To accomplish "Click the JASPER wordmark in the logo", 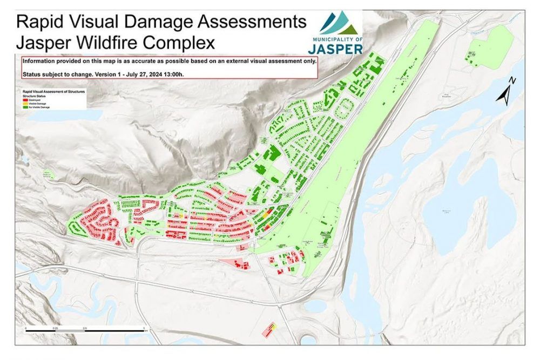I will point(335,49).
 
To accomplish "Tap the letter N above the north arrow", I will point(513,81).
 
